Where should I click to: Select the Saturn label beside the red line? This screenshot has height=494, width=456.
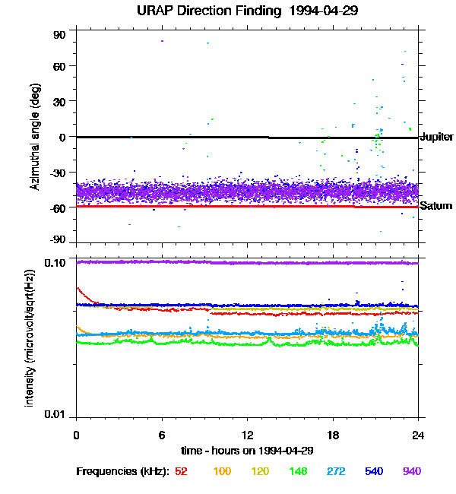[x=436, y=206]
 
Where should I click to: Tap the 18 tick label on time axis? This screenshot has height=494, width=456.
[x=333, y=435]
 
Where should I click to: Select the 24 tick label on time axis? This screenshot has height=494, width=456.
[x=418, y=435]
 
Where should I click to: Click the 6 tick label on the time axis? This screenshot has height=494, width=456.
[x=162, y=435]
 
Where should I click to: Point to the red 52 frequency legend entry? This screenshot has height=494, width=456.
[x=181, y=471]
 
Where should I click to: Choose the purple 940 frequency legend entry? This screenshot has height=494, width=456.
[x=411, y=471]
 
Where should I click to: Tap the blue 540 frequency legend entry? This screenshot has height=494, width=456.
[x=375, y=471]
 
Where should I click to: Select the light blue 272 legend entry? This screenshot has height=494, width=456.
[x=337, y=471]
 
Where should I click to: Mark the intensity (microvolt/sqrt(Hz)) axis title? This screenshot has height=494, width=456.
[x=30, y=336]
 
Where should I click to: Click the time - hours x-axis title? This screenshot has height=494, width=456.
[x=247, y=451]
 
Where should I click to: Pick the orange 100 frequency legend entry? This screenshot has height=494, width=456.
[x=222, y=471]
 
